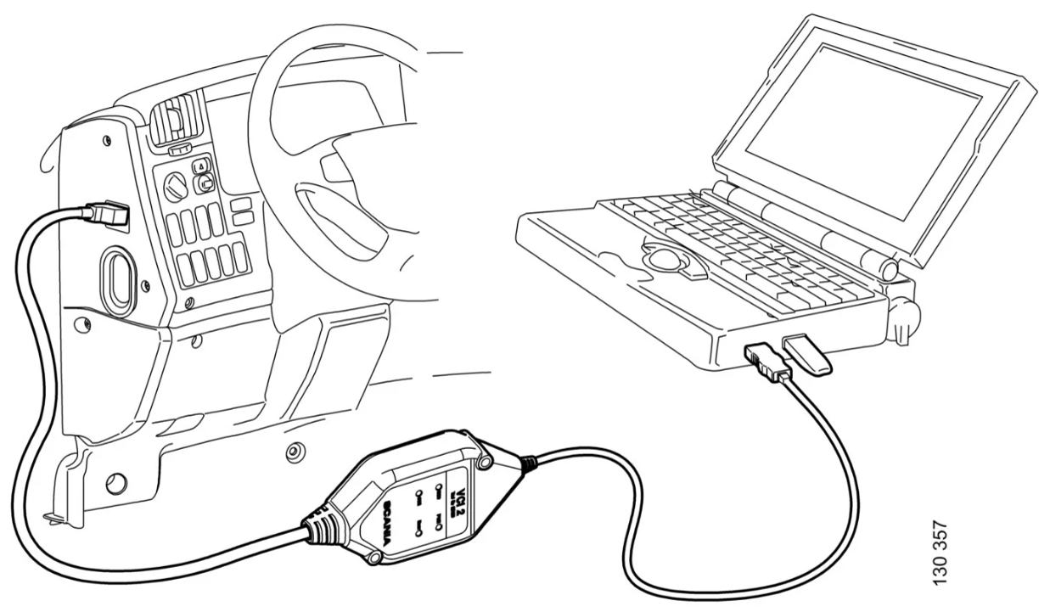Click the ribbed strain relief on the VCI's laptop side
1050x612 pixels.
tap(528, 463)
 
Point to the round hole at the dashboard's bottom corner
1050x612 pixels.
tap(115, 483)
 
